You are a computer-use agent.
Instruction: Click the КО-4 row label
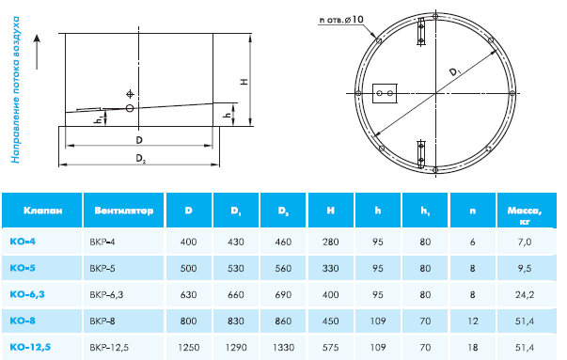tap(23, 241)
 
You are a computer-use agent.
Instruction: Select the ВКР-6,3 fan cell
tap(106, 294)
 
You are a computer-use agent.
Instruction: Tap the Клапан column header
tap(42, 211)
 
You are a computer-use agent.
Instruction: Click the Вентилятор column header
tap(124, 211)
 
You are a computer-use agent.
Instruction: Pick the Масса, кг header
tap(525, 215)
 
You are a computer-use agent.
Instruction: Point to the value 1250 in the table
tap(189, 348)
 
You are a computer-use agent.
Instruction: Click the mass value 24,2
tap(525, 294)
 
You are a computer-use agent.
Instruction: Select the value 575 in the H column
tap(330, 348)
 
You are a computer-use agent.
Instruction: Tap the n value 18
tap(473, 348)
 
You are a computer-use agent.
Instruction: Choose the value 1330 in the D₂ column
tap(283, 348)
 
